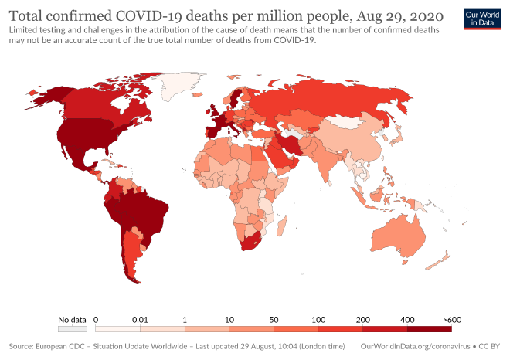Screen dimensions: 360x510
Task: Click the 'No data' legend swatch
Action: pos(73,328)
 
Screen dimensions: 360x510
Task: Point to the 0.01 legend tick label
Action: pos(139,318)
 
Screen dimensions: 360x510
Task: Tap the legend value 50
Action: pos(273,318)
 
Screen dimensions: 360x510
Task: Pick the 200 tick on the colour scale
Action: pos(362,318)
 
